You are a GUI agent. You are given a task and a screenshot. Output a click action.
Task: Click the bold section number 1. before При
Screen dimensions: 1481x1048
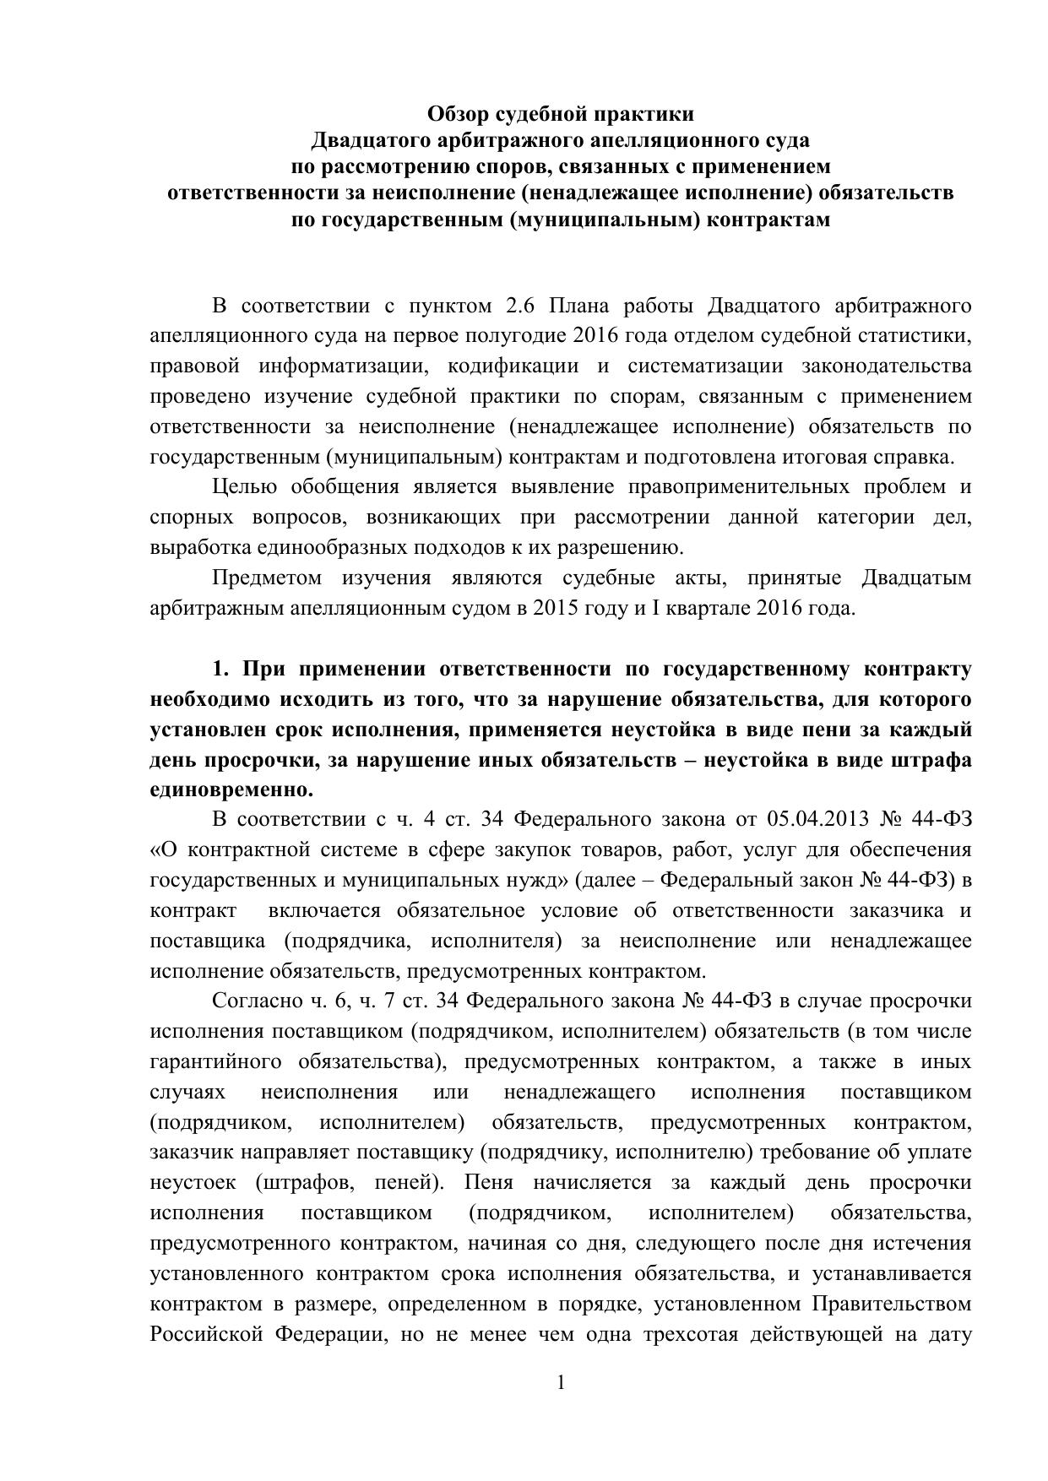tap(221, 670)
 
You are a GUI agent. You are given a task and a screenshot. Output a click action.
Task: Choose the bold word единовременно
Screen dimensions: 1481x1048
tap(231, 791)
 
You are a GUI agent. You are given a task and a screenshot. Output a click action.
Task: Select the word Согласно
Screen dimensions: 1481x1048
tap(252, 1001)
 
